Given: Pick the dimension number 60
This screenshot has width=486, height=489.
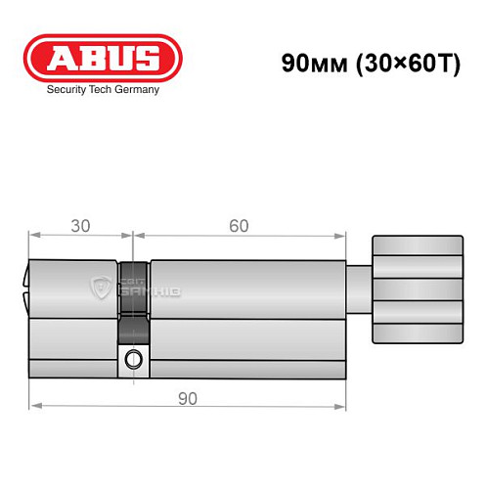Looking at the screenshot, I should [238, 226].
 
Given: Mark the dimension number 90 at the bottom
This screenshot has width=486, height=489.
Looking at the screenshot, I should [188, 398].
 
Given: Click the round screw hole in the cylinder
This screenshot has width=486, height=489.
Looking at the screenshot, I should [131, 361].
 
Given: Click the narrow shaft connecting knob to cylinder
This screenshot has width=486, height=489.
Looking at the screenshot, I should [361, 289].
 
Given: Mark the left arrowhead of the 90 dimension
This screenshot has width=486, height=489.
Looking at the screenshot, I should [33, 404].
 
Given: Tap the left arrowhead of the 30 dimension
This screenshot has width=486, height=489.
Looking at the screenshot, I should [33, 236].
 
